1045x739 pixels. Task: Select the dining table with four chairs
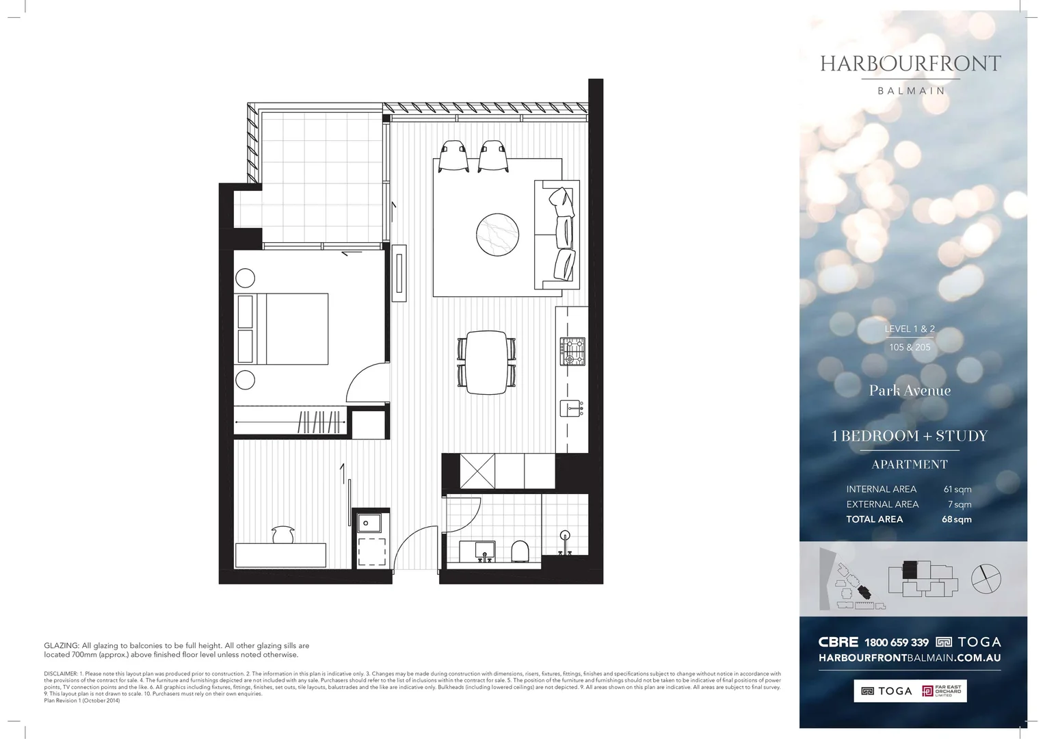click(x=487, y=362)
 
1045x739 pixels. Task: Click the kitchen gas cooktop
click(x=572, y=351)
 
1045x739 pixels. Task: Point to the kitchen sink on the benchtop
click(x=570, y=409)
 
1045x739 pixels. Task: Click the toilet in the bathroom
click(x=520, y=550)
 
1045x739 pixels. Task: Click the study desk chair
click(x=282, y=534)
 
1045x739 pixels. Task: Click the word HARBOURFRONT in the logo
click(x=910, y=64)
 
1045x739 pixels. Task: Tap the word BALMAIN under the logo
click(x=911, y=90)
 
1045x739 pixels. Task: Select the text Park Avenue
click(x=910, y=391)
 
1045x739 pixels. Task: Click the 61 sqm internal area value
click(x=957, y=489)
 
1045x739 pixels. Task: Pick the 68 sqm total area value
click(x=956, y=519)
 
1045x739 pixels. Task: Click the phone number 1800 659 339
click(x=896, y=642)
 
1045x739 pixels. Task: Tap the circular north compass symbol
click(x=986, y=580)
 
